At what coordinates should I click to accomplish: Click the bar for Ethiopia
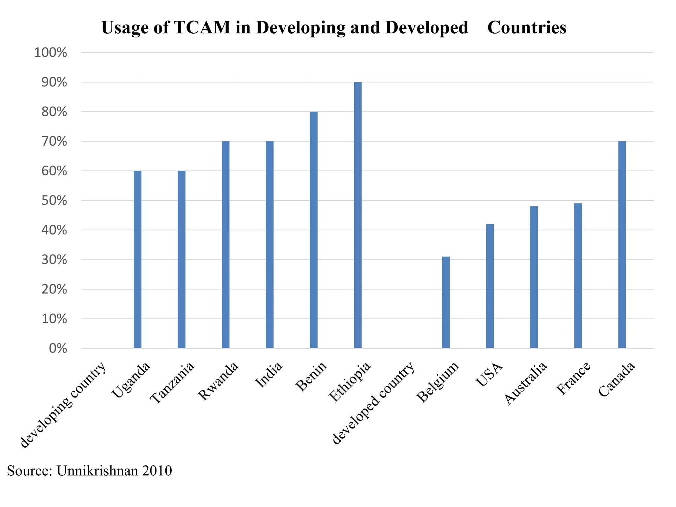[357, 215]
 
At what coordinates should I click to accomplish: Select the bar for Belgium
[446, 302]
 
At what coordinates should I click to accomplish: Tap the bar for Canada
[622, 244]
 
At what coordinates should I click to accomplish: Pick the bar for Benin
[314, 229]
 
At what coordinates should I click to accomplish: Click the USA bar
[490, 286]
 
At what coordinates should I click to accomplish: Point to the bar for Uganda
[137, 259]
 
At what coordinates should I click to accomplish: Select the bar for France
[578, 276]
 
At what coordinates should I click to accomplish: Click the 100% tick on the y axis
[51, 52]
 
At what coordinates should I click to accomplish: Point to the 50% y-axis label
[54, 201]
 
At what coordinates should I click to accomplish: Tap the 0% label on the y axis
[58, 349]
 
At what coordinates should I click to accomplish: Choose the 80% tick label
[54, 112]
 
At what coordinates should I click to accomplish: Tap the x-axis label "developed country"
[373, 403]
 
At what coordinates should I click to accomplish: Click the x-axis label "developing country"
[63, 404]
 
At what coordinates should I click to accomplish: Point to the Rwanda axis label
[218, 381]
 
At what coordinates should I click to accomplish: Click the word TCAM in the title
[202, 27]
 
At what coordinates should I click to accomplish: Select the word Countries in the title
[526, 27]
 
